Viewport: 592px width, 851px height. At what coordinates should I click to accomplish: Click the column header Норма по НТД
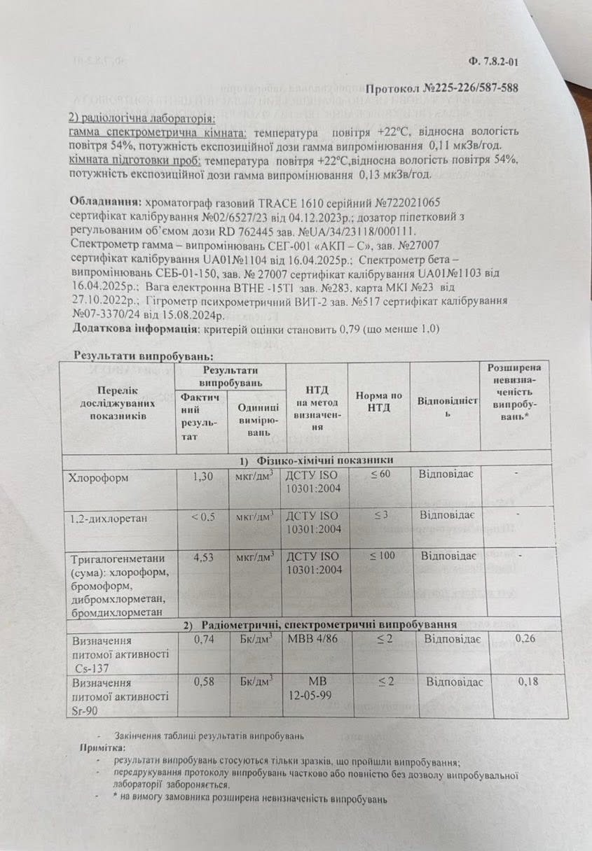[x=379, y=402]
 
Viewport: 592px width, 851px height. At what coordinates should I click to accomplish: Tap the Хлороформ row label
[x=98, y=479]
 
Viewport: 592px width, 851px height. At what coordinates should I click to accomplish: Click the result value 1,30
[x=203, y=476]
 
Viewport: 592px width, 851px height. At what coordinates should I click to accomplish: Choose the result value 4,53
[x=203, y=557]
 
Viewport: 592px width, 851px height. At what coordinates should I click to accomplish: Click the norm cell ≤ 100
[x=383, y=556]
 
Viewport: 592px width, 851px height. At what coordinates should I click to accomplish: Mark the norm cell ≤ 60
[x=382, y=476]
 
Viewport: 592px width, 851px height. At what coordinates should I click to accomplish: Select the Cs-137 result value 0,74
[x=203, y=639]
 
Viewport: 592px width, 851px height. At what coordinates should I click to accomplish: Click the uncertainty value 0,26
[x=525, y=638]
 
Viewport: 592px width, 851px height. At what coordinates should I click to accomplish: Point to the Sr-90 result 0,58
[x=203, y=681]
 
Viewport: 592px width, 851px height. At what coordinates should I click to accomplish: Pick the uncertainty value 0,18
[x=528, y=681]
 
